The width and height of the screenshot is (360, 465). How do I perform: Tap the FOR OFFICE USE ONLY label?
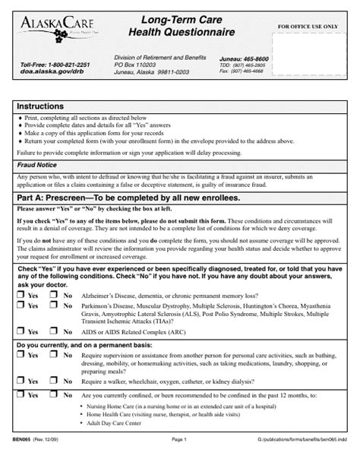point(308,27)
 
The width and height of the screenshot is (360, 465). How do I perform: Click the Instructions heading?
point(42,107)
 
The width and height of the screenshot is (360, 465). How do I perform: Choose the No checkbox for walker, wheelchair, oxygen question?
point(55,381)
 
